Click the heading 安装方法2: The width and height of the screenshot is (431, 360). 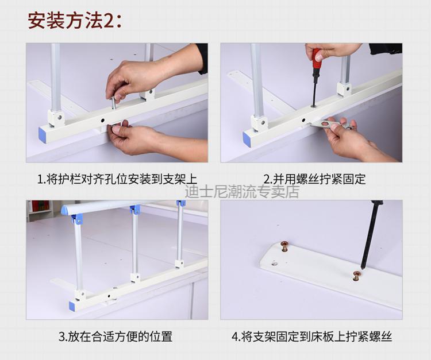[x=75, y=20]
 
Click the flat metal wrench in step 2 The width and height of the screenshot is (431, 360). [x=330, y=125]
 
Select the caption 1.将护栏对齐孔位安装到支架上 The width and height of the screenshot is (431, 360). [x=117, y=179]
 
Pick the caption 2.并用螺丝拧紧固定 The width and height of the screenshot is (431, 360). [x=315, y=179]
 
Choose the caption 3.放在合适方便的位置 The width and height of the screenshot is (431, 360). [x=116, y=336]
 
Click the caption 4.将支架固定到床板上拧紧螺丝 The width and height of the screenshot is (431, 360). [x=311, y=336]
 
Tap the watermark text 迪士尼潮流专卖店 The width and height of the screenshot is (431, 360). [x=242, y=192]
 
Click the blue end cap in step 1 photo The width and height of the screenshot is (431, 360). [x=43, y=135]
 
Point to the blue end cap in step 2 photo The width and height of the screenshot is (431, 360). [x=247, y=139]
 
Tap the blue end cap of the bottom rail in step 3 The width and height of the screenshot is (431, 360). [x=72, y=306]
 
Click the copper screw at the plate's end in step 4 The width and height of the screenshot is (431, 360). [x=283, y=246]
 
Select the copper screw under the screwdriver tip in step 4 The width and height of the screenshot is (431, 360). [x=357, y=276]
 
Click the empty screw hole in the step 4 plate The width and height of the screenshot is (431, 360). [x=275, y=264]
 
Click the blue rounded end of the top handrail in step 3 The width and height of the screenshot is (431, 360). [x=64, y=210]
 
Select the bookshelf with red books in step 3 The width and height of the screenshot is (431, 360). [x=40, y=211]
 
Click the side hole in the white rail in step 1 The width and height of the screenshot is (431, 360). [x=102, y=120]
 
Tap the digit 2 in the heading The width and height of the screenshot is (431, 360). [x=108, y=21]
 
